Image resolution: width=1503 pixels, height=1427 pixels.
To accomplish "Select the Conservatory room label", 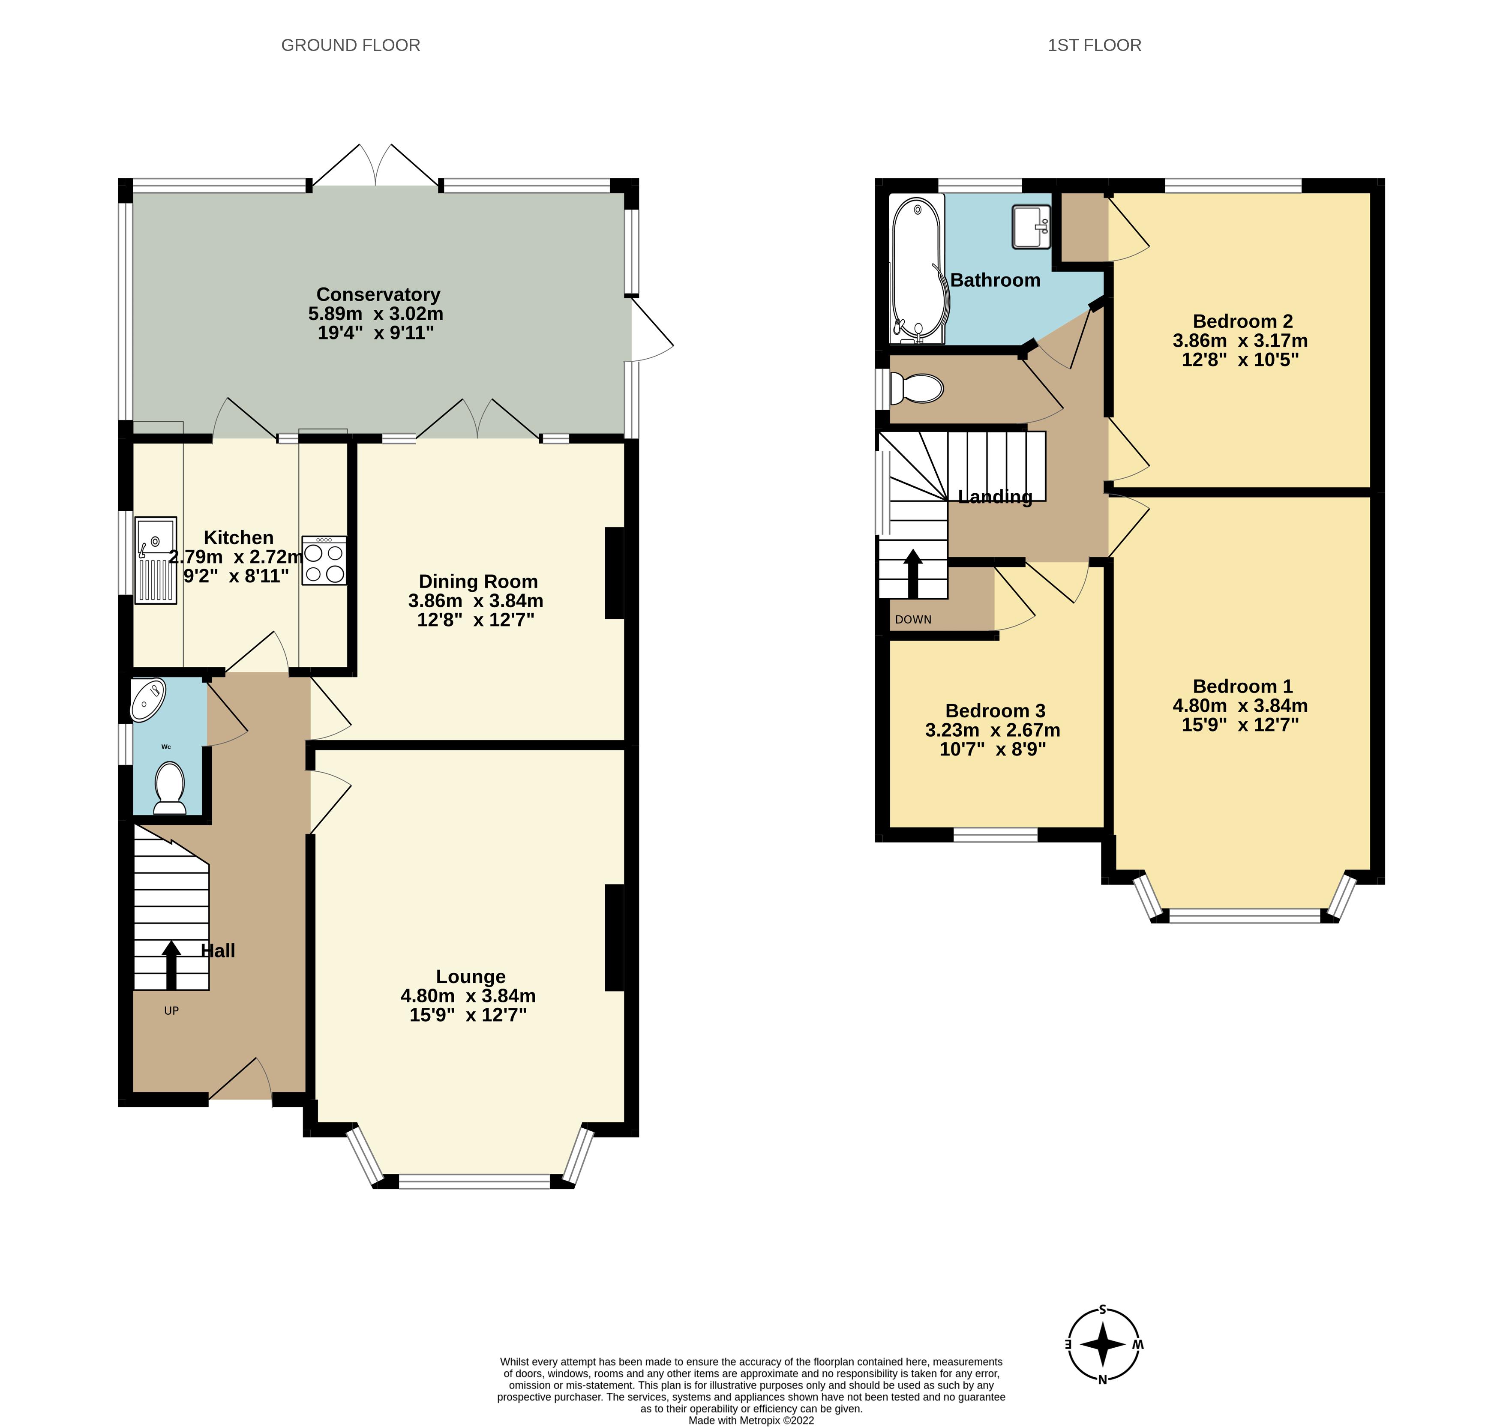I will point(378,294).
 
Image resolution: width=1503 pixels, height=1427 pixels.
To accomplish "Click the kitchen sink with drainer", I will point(156,561).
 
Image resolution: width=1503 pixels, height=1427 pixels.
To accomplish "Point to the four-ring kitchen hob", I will point(324,561).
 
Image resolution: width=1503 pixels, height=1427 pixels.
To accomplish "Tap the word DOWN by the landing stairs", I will point(913,619).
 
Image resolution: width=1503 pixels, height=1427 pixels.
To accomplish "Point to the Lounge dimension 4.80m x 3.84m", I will point(468,996).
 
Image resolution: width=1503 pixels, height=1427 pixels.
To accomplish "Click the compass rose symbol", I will point(1102,1344).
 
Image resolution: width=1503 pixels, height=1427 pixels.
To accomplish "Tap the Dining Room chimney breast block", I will point(614,573).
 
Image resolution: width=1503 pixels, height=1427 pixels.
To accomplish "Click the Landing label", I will point(995,497).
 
